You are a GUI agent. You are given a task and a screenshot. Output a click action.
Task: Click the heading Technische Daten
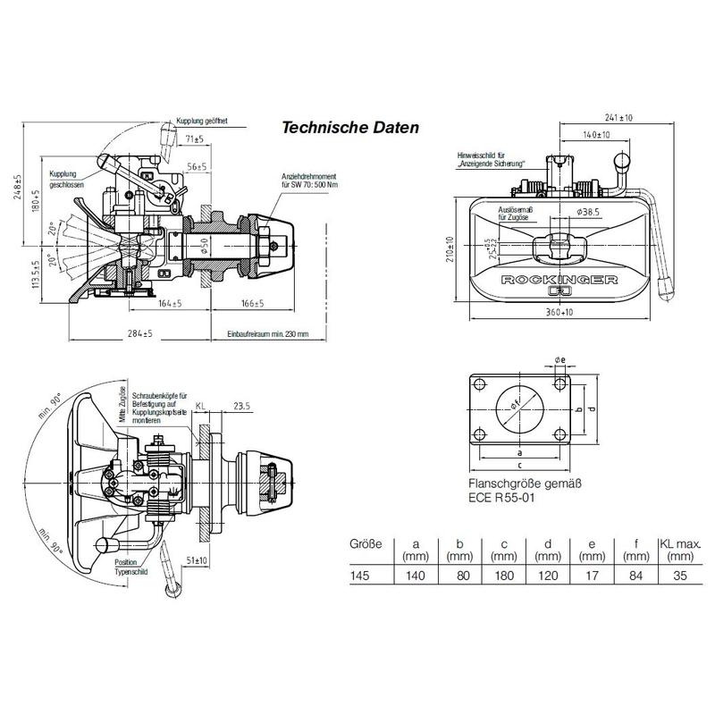pyautogui.click(x=350, y=128)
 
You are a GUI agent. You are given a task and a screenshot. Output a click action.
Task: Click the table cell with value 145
pyautogui.click(x=360, y=577)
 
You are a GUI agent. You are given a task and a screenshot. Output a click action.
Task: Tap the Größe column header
pyautogui.click(x=365, y=543)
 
